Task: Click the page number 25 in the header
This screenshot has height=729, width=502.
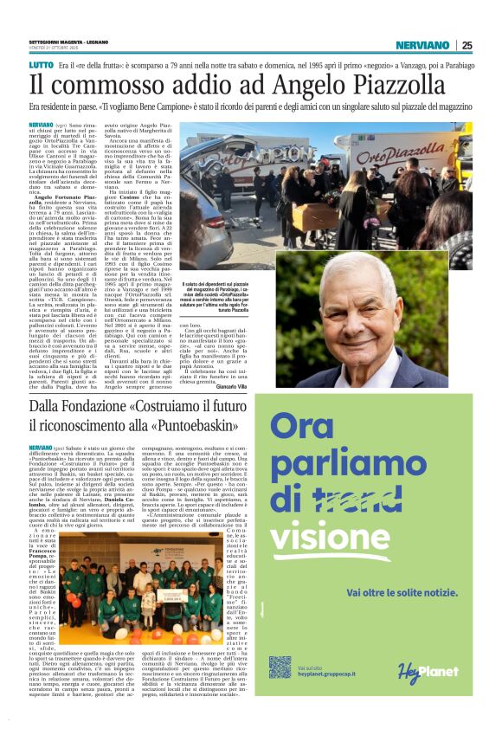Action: pos(467,45)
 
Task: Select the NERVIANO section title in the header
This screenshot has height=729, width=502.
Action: pos(422,45)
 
